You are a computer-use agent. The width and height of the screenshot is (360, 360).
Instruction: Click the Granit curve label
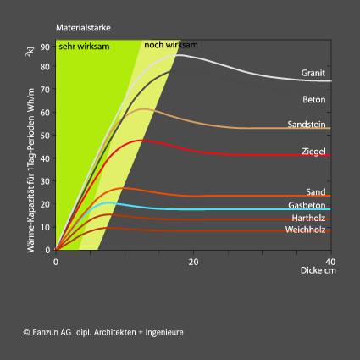coord(313,73)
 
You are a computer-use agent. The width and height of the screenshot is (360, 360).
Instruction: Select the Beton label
coord(314,100)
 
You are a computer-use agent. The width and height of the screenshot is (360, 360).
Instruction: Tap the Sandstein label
coord(307,125)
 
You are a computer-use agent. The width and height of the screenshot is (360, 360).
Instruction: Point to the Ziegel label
coord(313,152)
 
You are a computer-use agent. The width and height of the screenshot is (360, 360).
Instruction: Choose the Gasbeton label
coord(307,205)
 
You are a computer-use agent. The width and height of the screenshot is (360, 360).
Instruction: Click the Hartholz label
coord(308,218)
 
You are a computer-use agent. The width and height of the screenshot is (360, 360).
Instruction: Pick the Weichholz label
coord(305,230)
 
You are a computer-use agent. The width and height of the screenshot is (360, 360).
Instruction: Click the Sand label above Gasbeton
coord(316,192)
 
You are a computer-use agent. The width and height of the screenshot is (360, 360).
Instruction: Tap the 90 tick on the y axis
coord(45,47)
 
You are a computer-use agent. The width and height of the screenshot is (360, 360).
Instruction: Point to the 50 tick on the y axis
coord(45,136)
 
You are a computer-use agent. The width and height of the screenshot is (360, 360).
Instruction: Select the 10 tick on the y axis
coord(45,227)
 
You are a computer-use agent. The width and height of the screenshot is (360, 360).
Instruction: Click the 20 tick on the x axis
coord(193,262)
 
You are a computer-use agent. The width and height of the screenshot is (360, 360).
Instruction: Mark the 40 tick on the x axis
coord(330,262)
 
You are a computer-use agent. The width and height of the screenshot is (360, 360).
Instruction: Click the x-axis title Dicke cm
coord(318,270)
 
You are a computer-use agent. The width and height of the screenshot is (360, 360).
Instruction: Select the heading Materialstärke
coord(83,28)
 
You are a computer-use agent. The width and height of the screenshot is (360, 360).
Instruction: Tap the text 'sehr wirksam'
coord(84,47)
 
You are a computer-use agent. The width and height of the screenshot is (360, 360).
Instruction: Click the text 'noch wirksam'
coord(171,45)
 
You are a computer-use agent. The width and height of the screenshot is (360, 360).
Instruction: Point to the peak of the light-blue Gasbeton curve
coord(108,203)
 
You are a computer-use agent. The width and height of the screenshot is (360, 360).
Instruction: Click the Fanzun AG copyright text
coord(103,332)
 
